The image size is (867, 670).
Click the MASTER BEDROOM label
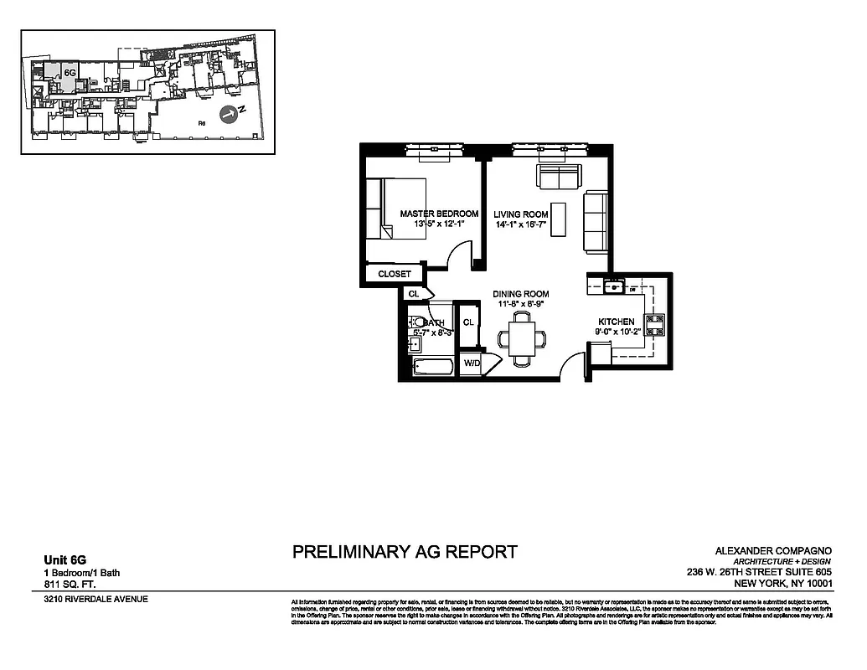pyautogui.click(x=439, y=214)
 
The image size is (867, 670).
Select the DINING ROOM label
pyautogui.click(x=520, y=294)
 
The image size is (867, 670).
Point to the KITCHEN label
pyautogui.click(x=616, y=322)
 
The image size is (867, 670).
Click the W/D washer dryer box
pyautogui.click(x=472, y=363)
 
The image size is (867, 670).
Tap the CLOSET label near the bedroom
pyautogui.click(x=395, y=274)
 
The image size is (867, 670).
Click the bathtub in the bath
pyautogui.click(x=433, y=366)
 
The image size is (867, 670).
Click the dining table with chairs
pyautogui.click(x=522, y=338)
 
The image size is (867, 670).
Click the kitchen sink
pyautogui.click(x=614, y=287)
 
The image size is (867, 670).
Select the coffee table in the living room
pyautogui.click(x=558, y=219)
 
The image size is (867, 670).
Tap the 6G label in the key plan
pyautogui.click(x=70, y=74)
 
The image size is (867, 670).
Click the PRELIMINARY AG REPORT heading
pyautogui.click(x=405, y=552)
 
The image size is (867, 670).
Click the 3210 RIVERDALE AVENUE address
pyautogui.click(x=95, y=600)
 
